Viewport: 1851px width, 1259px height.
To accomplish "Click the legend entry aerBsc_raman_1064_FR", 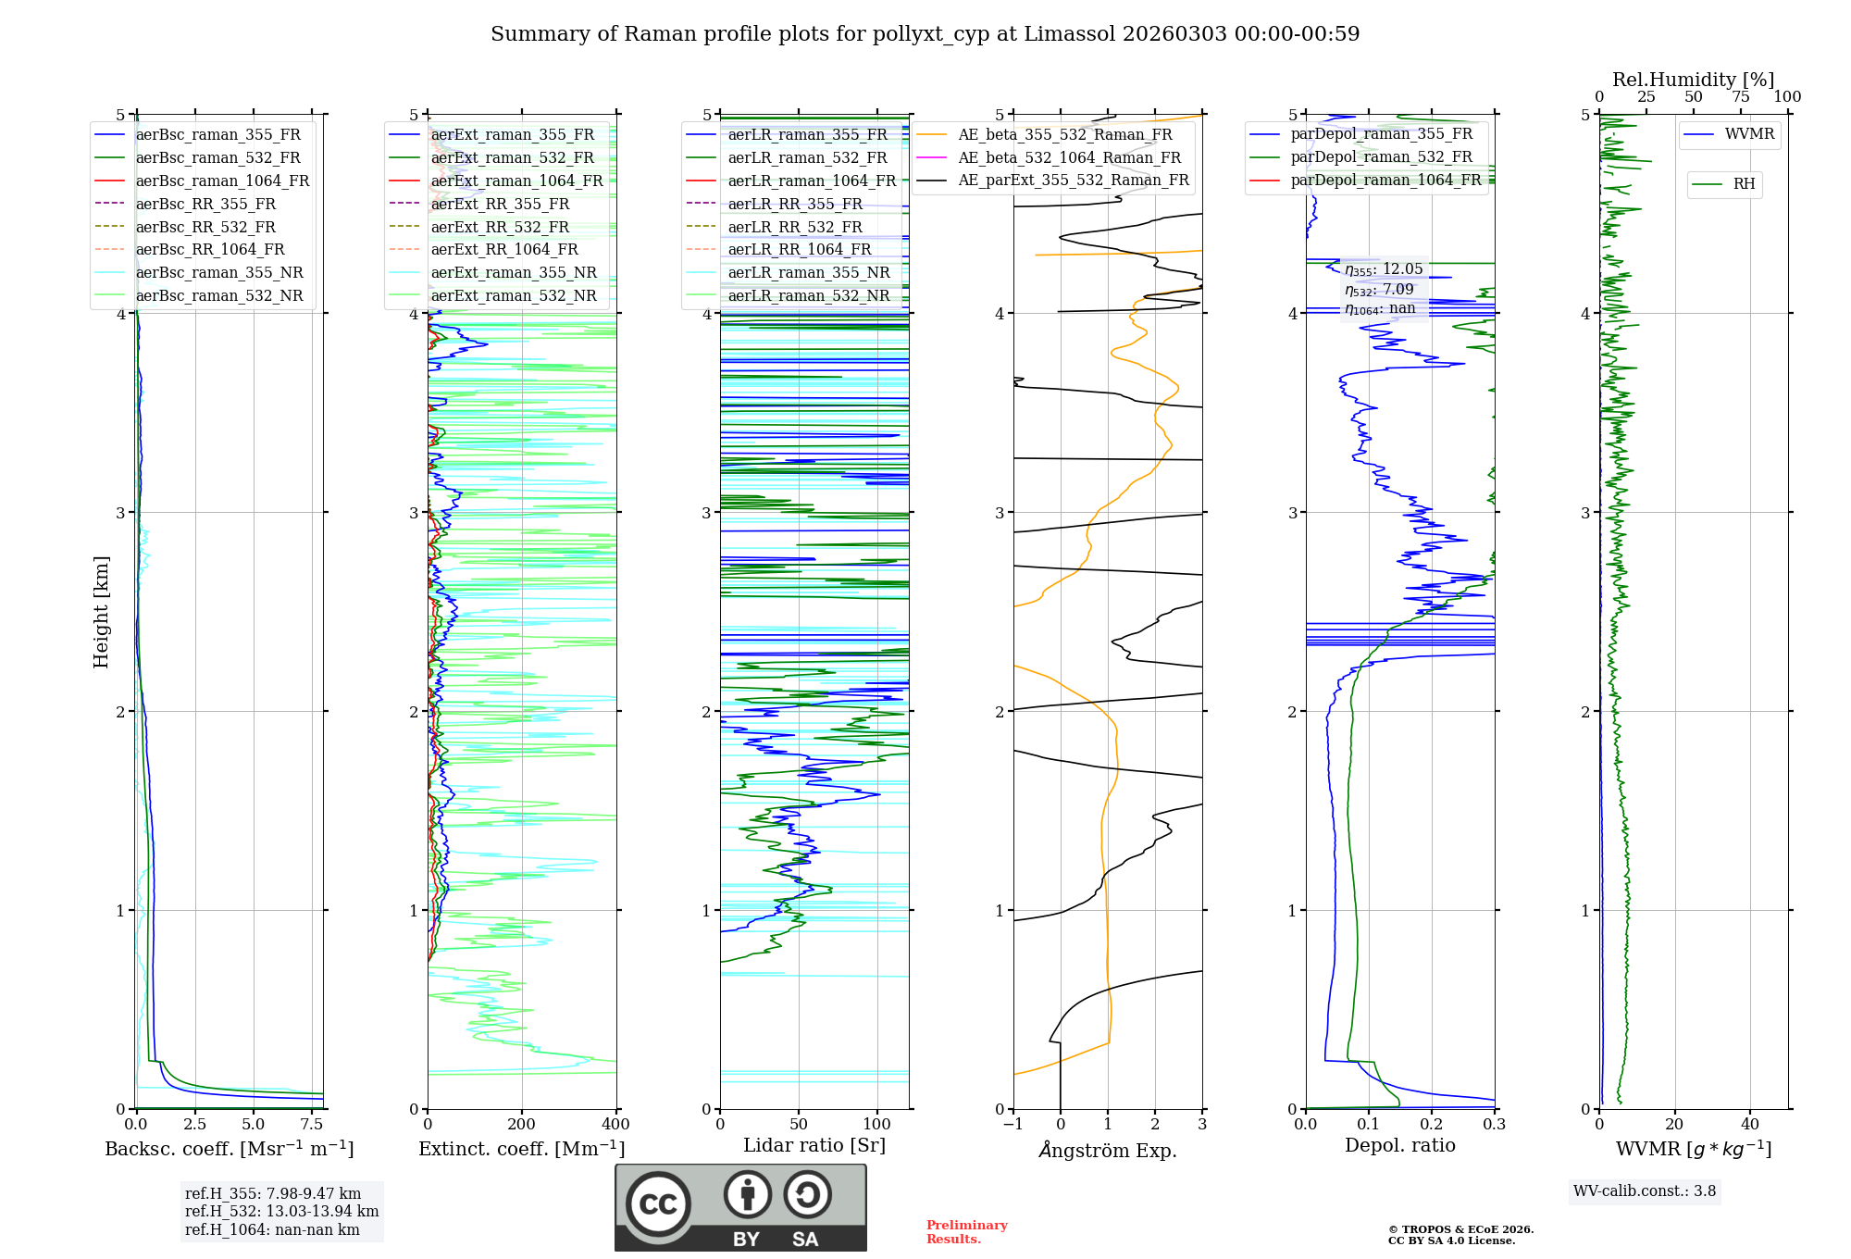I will (222, 181).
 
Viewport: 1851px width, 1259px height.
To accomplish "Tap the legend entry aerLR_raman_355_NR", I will (808, 273).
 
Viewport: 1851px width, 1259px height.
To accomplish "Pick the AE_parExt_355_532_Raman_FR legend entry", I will (1073, 181).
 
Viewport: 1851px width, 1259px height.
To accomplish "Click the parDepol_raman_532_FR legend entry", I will (1381, 157).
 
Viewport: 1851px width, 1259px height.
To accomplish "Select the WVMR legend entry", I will (1748, 134).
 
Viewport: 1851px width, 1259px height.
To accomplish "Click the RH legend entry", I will (1744, 184).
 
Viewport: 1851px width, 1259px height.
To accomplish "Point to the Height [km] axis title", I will (101, 612).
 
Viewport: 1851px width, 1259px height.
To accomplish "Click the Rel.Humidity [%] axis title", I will (1693, 80).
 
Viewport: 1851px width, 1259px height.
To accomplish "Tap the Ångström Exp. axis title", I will (1108, 1151).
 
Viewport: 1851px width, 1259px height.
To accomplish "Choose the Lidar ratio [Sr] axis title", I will (814, 1145).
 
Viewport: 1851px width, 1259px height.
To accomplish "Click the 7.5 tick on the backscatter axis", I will (312, 1125).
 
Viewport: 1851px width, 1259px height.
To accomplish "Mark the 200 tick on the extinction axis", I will (522, 1125).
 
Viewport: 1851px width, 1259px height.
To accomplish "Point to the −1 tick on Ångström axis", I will (1013, 1125).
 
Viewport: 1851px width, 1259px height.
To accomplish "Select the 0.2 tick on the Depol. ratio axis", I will (1432, 1125).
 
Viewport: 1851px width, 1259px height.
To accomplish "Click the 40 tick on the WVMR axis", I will (1750, 1125).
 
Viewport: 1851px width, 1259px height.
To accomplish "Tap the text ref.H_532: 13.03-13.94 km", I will (281, 1212).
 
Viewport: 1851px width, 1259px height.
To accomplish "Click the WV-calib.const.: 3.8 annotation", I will (1645, 1191).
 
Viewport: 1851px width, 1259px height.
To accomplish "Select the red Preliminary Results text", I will (966, 1232).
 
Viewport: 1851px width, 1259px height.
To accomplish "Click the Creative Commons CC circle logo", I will (658, 1204).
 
